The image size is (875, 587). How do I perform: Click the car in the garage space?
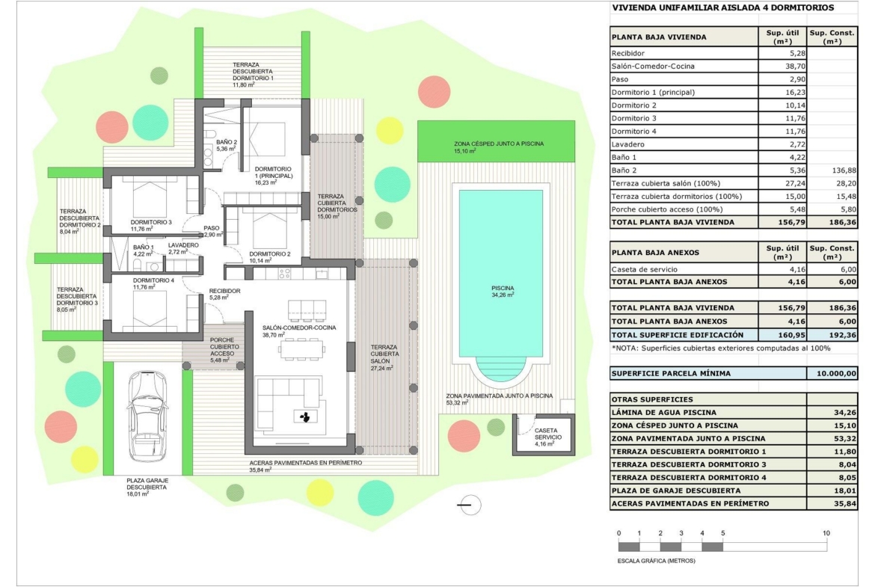click(147, 417)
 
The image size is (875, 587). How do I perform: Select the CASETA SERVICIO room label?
click(546, 434)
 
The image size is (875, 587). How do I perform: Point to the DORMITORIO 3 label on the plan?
click(151, 222)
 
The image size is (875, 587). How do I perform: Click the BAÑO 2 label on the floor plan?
click(227, 142)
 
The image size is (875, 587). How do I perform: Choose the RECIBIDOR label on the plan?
click(224, 291)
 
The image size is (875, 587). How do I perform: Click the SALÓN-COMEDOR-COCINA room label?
click(299, 328)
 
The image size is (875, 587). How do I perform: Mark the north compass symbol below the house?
click(470, 505)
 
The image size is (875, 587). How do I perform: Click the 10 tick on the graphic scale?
click(826, 533)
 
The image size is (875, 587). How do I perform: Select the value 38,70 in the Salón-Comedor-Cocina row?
click(794, 66)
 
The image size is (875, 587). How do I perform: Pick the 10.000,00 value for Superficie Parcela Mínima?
click(835, 373)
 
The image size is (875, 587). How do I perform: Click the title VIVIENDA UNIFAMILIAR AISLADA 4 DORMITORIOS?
click(722, 7)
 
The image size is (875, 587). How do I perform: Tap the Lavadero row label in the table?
click(627, 144)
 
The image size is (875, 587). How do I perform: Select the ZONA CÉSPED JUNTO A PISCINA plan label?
click(498, 144)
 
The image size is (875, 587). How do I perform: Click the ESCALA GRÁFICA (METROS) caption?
click(657, 560)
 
